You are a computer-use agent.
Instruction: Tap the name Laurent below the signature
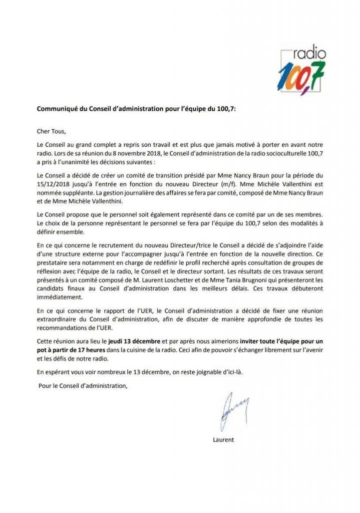point(223,440)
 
